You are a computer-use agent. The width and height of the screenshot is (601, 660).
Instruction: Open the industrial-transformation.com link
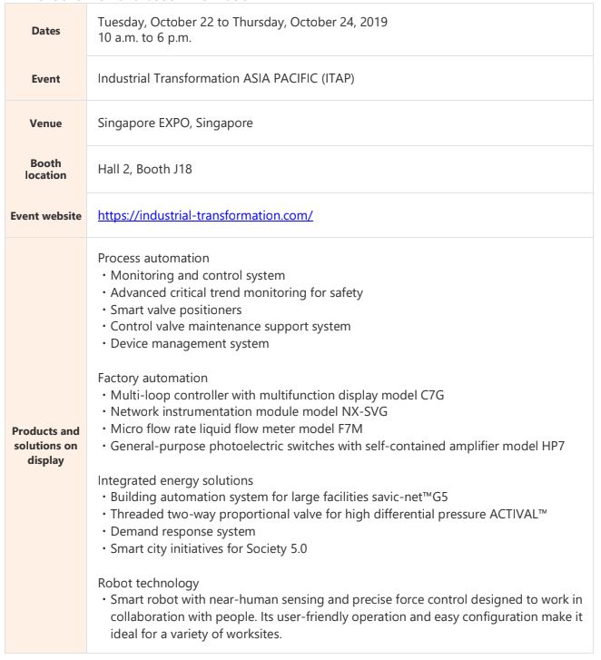coord(205,216)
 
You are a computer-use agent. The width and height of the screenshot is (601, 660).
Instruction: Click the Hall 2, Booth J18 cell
coord(144,169)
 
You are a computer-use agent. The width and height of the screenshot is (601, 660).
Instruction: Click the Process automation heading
coord(153,258)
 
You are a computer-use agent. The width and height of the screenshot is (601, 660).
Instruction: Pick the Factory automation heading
coord(153,377)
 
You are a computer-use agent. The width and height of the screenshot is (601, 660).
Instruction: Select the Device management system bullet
coord(190,343)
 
